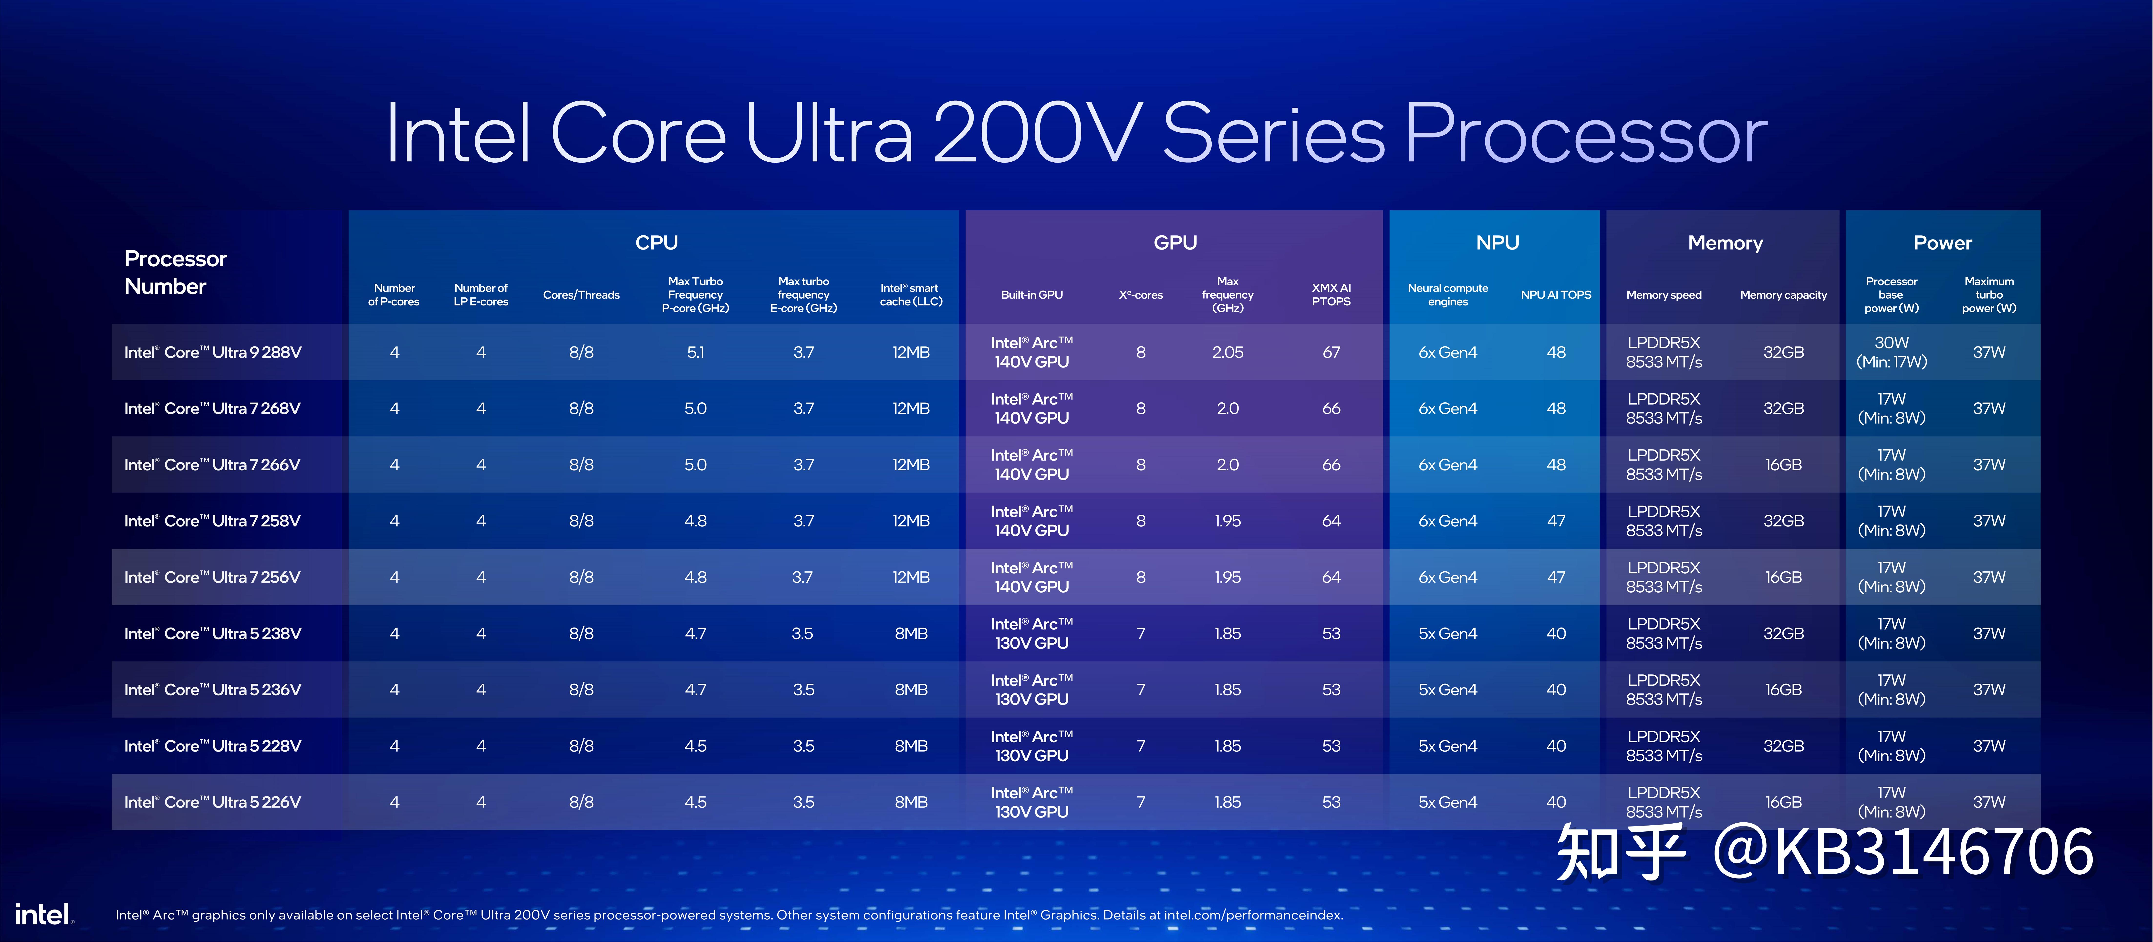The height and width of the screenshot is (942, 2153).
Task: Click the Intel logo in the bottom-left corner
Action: click(43, 914)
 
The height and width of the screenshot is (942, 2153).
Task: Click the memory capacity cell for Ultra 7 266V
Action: click(1783, 465)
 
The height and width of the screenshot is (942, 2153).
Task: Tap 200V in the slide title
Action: click(1036, 134)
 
